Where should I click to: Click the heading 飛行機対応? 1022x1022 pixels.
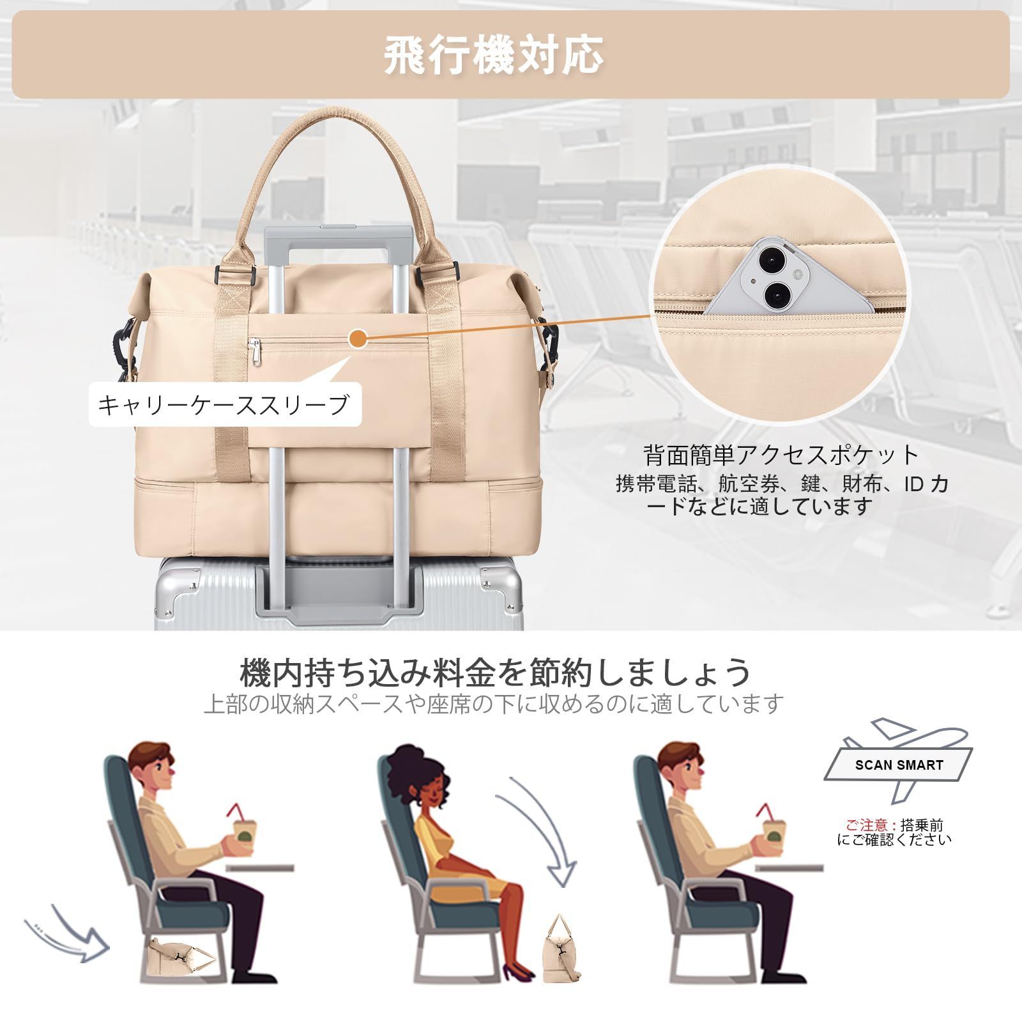tap(493, 55)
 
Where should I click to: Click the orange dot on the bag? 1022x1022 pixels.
tap(359, 339)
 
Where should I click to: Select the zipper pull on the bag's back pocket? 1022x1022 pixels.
tap(256, 353)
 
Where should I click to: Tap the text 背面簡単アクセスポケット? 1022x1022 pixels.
tap(782, 455)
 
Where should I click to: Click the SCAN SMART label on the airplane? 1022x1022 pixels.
tap(899, 765)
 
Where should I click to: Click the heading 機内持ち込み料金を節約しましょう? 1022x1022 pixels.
tap(496, 672)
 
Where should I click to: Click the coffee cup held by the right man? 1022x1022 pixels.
tap(774, 830)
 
